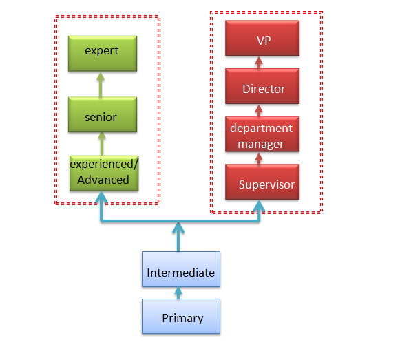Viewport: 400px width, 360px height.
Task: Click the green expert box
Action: pyautogui.click(x=103, y=53)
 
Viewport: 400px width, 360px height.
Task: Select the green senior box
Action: pyautogui.click(x=103, y=114)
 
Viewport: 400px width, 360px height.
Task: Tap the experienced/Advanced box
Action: pyautogui.click(x=104, y=173)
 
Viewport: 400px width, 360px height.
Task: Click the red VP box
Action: pyautogui.click(x=262, y=38)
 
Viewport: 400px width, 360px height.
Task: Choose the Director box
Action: pyautogui.click(x=262, y=86)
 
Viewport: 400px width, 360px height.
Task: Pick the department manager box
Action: pyautogui.click(x=262, y=134)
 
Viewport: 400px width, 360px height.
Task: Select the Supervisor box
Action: pyautogui.click(x=262, y=182)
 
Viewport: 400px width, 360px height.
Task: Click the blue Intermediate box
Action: pyautogui.click(x=181, y=269)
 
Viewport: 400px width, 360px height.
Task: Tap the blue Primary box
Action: pyautogui.click(x=181, y=317)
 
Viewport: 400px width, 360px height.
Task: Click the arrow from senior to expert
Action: pyautogui.click(x=101, y=85)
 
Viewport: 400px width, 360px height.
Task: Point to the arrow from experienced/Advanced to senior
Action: pyautogui.click(x=102, y=144)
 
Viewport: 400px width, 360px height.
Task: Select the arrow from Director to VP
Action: pyautogui.click(x=259, y=63)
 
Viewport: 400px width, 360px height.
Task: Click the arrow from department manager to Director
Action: pyautogui.click(x=259, y=110)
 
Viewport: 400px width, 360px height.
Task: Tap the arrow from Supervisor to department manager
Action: pyautogui.click(x=259, y=158)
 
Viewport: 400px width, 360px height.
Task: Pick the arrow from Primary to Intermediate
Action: pyautogui.click(x=178, y=293)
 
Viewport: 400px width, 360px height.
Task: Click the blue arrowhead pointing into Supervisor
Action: pyautogui.click(x=259, y=206)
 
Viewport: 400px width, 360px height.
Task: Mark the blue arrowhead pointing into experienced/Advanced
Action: pyautogui.click(x=101, y=197)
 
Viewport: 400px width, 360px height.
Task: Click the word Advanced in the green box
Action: pyautogui.click(x=103, y=180)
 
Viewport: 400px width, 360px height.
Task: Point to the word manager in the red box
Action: pyautogui.click(x=261, y=145)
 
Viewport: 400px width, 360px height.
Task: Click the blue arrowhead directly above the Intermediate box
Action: pyautogui.click(x=178, y=228)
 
